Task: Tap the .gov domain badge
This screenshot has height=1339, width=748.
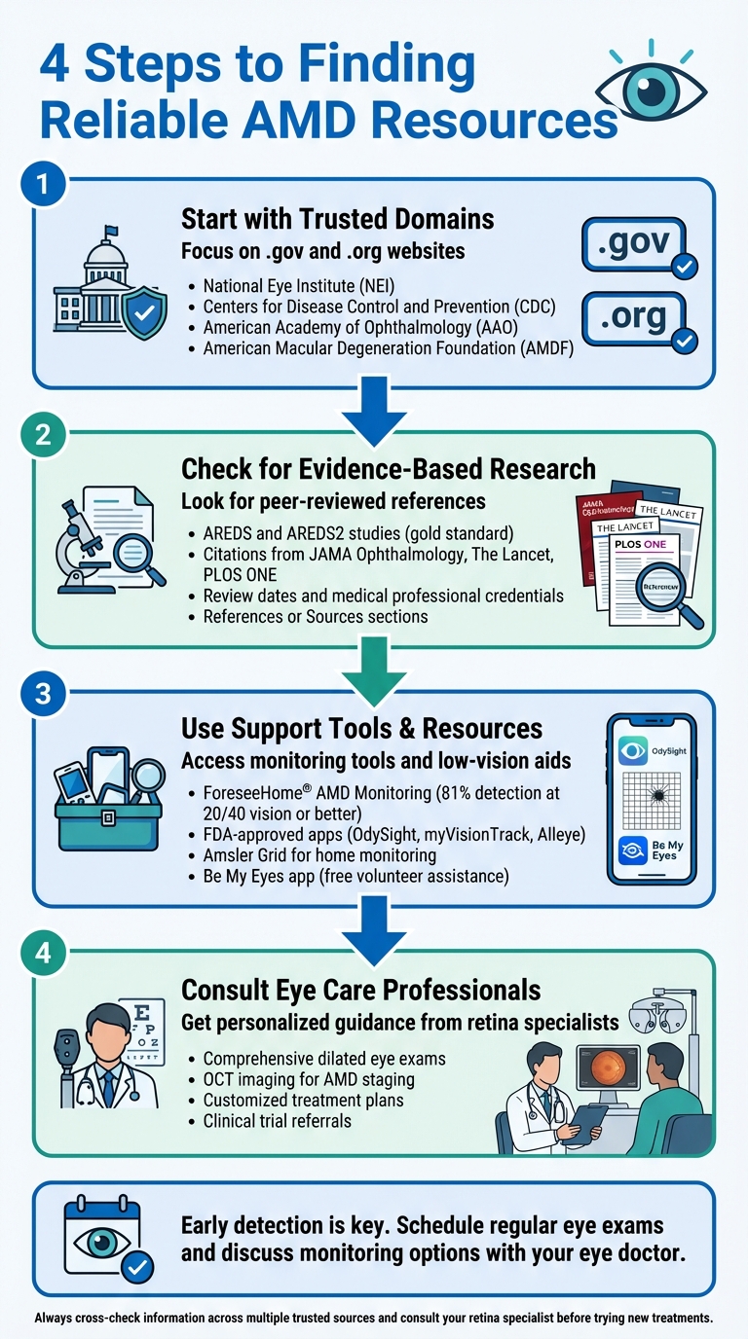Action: [634, 245]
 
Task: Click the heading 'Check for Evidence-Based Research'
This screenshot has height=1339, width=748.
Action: [388, 468]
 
